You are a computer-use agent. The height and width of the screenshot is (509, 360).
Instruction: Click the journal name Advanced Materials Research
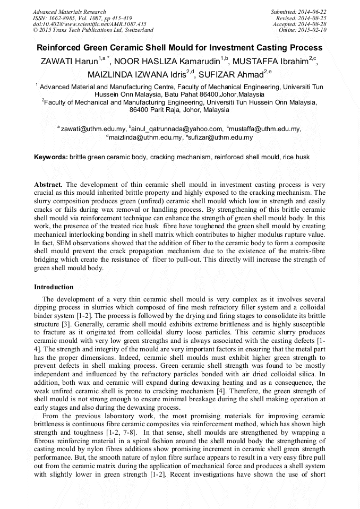tap(69, 12)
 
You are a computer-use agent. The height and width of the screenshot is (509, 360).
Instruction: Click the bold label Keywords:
tap(51, 158)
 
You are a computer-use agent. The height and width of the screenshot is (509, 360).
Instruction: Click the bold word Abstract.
tap(48, 184)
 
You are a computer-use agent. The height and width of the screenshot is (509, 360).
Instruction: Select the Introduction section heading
tap(54, 287)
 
